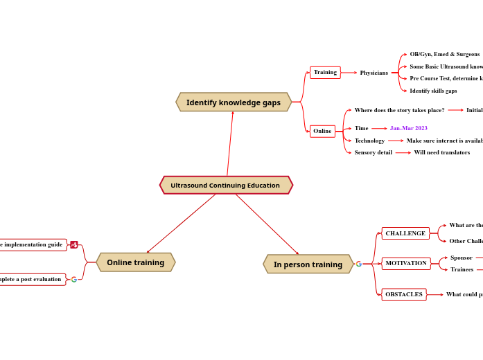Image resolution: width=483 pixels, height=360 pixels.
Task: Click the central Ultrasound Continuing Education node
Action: coord(226,186)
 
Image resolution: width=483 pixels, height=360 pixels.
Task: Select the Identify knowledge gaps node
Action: coord(234,102)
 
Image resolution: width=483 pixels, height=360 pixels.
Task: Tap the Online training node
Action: coord(135,262)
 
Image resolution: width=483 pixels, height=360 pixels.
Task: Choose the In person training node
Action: coord(308,264)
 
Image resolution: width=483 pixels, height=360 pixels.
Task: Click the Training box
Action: coord(325,72)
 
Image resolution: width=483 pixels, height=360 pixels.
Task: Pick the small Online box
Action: coord(322,131)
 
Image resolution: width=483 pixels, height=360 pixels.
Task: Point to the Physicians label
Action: coord(374,73)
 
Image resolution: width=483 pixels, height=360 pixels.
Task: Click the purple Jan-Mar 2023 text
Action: coord(408,128)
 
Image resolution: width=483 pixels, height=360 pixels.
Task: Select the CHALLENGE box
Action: coord(405,233)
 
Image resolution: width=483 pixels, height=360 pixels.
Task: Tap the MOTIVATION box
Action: coord(406,263)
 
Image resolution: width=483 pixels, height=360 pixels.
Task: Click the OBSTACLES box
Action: coord(404,294)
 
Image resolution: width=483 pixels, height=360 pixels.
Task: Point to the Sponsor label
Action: coord(462,258)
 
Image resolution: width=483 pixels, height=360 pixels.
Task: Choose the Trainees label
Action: coord(462,269)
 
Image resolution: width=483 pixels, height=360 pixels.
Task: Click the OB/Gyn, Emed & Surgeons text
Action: coord(444,54)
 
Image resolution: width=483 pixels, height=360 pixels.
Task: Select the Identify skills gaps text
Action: coord(433,91)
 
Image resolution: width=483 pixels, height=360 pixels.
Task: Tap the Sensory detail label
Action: coord(373,152)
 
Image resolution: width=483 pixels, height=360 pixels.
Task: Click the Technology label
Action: coord(369,141)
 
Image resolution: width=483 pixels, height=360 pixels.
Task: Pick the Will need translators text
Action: coord(441,152)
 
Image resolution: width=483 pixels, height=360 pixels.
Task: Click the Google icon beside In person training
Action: coord(359,264)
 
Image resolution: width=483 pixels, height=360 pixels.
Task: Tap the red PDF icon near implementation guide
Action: coord(74,244)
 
